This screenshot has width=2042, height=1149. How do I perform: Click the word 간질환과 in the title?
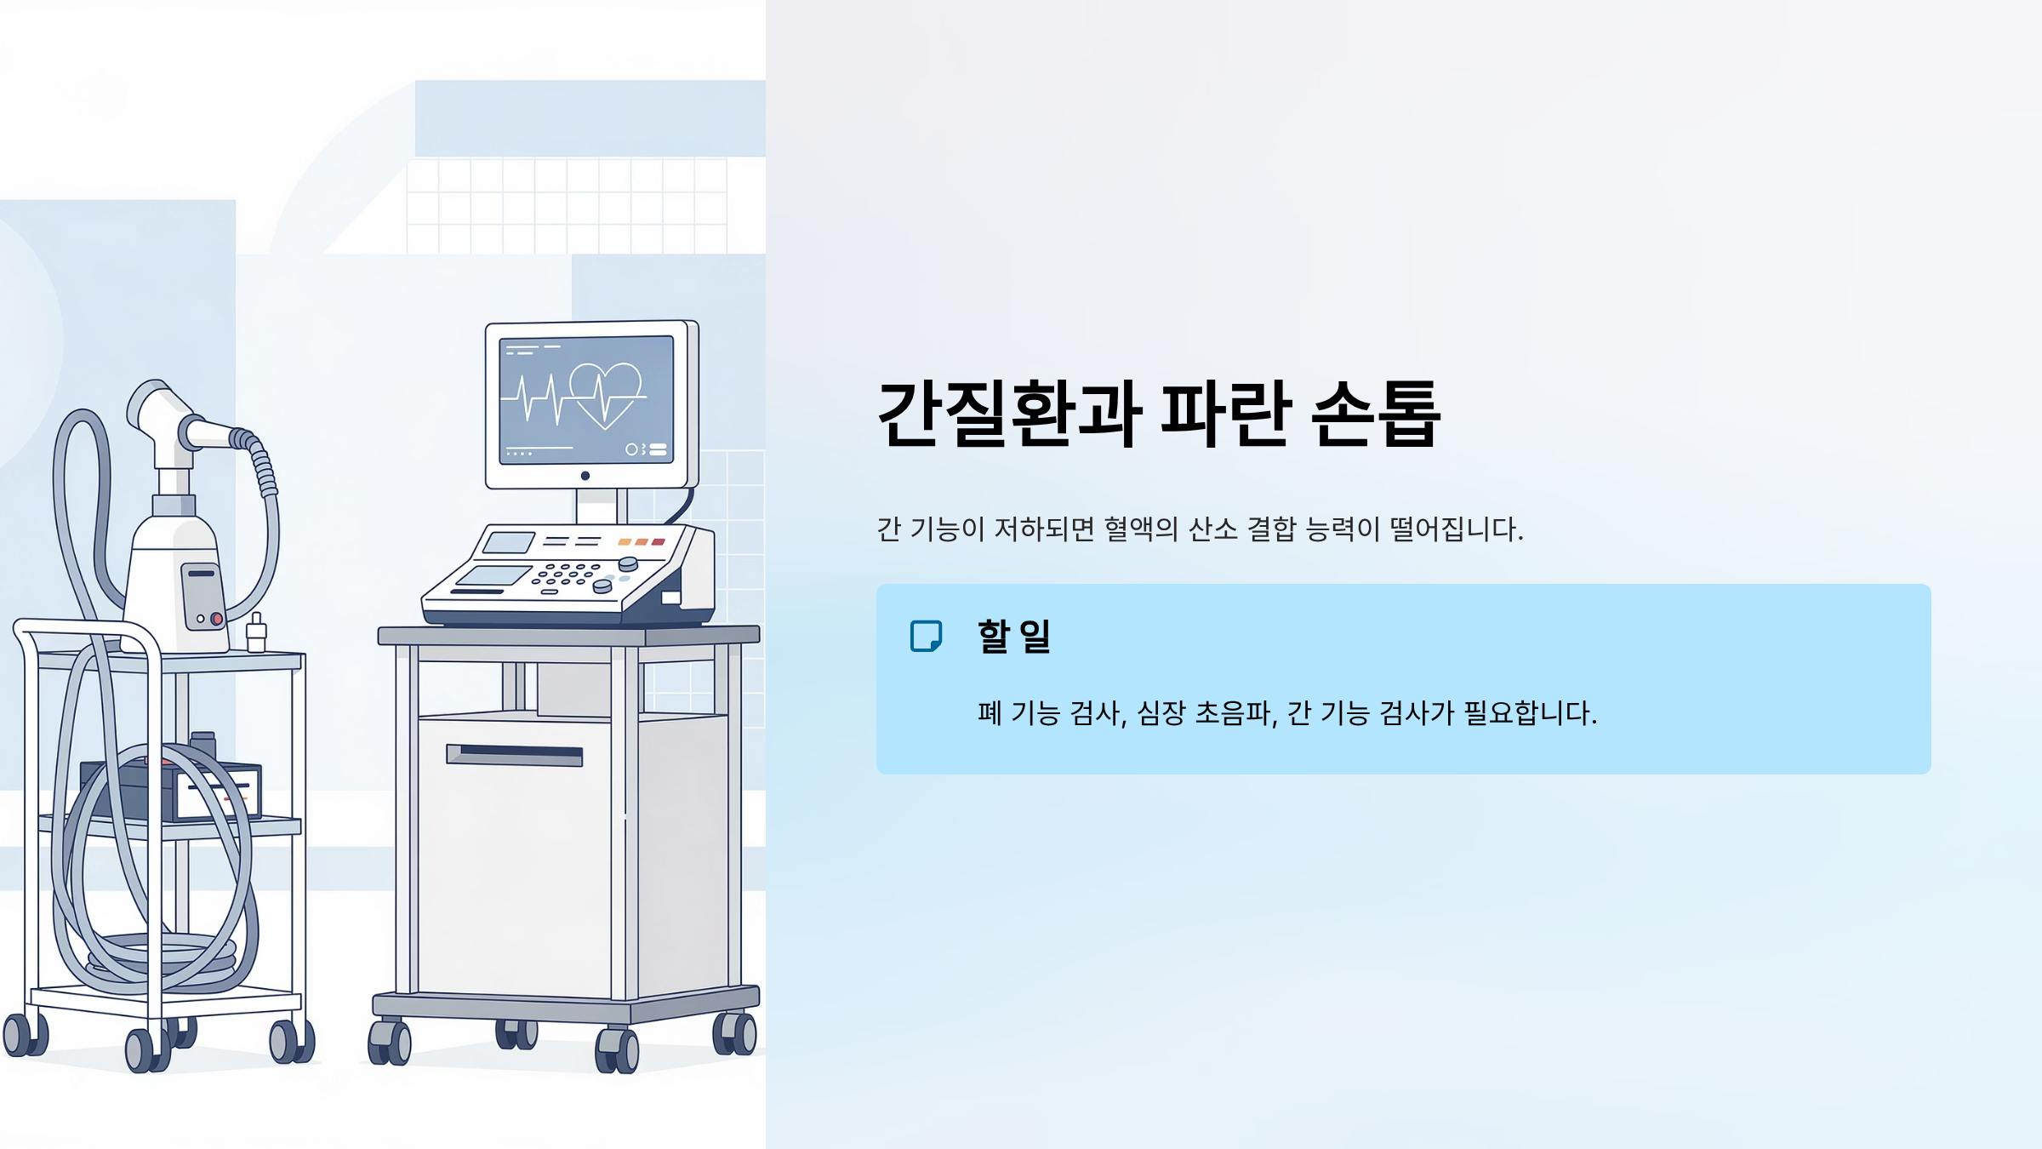(1009, 414)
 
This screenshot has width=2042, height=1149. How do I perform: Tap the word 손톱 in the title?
(1376, 414)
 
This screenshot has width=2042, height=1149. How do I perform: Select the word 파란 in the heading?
(1226, 414)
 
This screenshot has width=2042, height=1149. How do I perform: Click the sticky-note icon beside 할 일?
(926, 636)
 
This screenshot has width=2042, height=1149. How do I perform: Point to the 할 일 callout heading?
(1014, 636)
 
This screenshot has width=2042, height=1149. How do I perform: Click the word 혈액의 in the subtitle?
(1141, 529)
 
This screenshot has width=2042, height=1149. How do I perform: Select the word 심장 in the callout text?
(1161, 713)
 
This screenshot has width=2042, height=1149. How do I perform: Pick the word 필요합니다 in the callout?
(1530, 713)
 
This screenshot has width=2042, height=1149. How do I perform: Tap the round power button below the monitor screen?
(585, 476)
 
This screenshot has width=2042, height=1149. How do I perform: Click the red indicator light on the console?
(658, 542)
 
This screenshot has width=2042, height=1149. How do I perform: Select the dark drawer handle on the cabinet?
(515, 755)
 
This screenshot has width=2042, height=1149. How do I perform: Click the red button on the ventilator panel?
(216, 619)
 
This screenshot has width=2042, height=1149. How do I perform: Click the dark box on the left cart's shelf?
(170, 791)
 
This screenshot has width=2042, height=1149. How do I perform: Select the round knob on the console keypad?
(628, 563)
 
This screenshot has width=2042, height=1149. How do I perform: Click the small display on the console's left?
(509, 542)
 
